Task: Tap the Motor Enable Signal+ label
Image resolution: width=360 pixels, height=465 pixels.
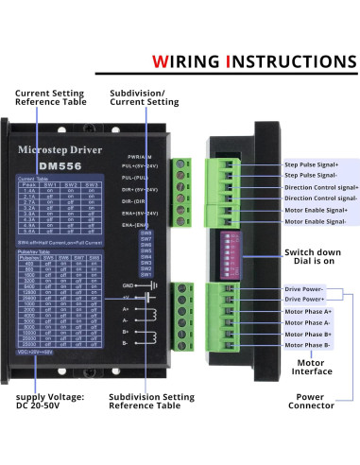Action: coord(316,210)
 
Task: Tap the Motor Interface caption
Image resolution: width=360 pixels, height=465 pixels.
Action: coord(313,367)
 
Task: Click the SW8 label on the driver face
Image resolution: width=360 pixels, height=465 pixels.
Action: coord(146,232)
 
